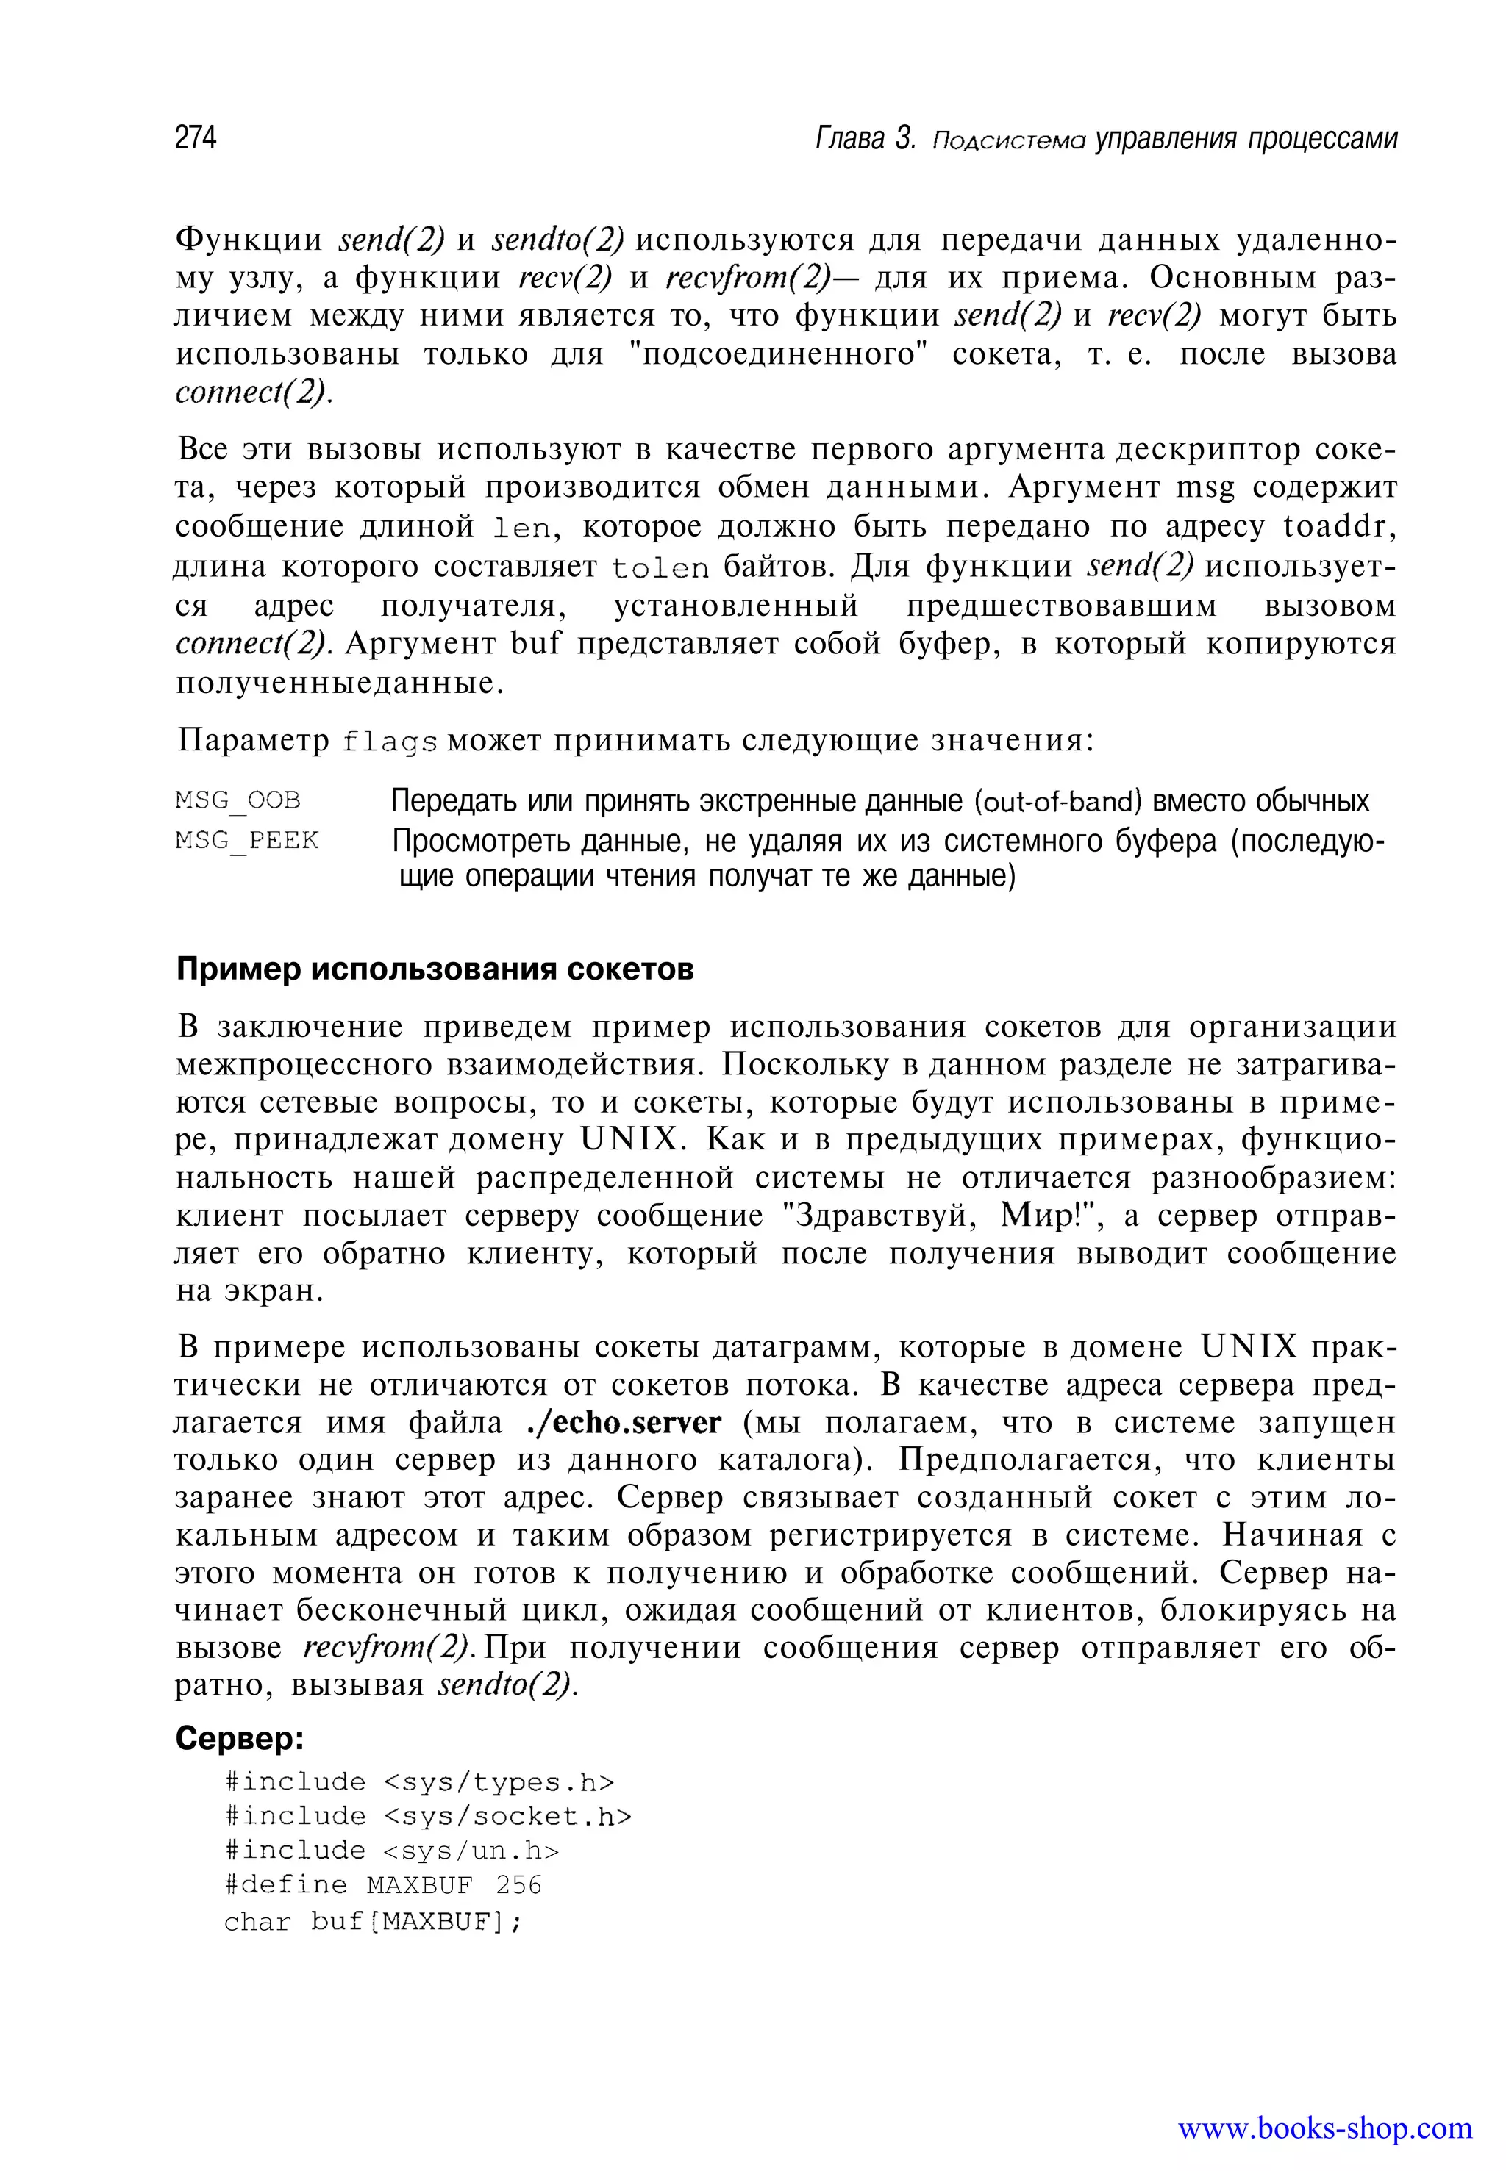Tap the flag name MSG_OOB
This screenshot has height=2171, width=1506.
[x=238, y=800]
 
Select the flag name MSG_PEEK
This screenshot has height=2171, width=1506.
[x=247, y=839]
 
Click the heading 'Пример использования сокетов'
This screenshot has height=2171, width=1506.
[x=435, y=969]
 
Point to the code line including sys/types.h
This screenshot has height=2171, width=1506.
[x=420, y=1781]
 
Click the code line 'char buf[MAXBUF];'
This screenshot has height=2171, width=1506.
[x=373, y=1921]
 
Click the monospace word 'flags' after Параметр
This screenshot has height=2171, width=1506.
[x=390, y=742]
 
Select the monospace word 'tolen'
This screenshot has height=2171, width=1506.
[x=660, y=569]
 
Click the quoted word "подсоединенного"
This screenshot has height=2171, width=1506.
[x=779, y=354]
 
